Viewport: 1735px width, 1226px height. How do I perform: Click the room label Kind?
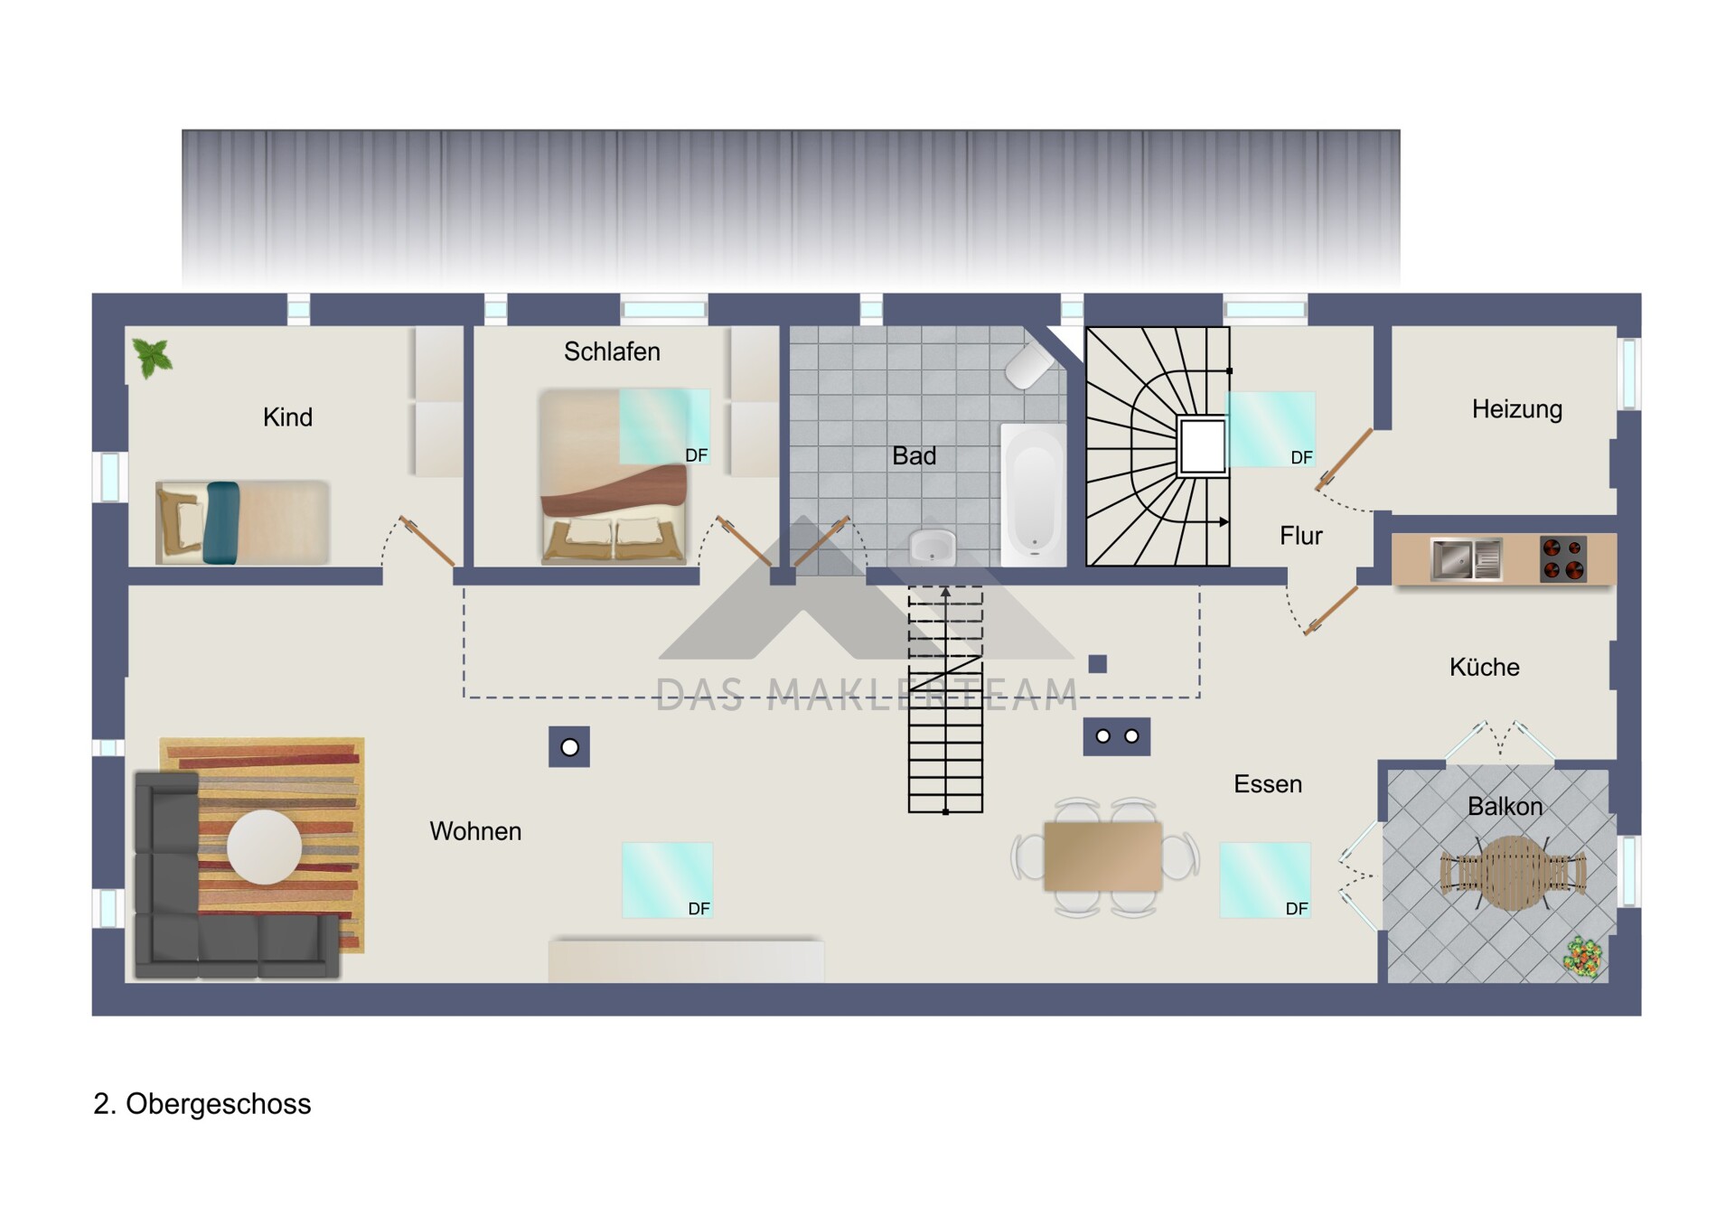287,417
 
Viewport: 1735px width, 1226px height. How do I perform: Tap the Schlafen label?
612,351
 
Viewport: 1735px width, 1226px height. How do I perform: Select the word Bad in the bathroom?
914,456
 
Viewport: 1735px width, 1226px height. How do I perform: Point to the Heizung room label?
1516,409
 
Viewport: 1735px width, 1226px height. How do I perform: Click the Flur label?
1300,536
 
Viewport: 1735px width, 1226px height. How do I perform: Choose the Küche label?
1484,667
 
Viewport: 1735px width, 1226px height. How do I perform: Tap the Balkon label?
1505,806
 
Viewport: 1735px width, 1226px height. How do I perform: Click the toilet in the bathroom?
1031,365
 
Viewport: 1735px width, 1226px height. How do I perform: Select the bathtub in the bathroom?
1034,495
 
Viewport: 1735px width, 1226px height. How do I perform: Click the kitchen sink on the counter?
1466,558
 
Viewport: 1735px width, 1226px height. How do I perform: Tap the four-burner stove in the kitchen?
1563,558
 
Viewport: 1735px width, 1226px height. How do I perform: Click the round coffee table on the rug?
264,847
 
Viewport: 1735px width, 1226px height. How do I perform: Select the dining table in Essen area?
1102,856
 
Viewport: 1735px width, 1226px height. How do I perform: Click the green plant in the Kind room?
152,357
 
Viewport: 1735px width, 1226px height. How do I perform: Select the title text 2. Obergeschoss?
202,1104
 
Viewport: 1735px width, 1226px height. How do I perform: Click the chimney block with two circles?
1117,736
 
